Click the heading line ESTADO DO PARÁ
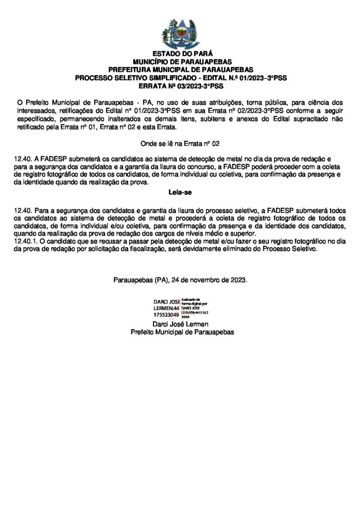(x=180, y=53)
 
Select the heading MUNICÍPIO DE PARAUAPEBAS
(x=180, y=61)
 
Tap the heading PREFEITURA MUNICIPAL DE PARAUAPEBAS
(x=180, y=69)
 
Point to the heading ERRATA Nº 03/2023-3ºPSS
(x=180, y=85)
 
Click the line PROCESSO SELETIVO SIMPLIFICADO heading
(x=180, y=78)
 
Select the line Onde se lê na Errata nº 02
(x=180, y=144)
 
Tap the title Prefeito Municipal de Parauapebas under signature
(x=180, y=332)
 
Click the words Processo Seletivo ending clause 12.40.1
(x=290, y=251)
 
